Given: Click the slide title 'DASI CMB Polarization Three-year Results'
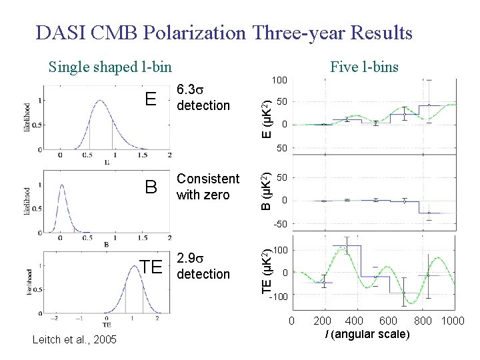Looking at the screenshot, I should tap(225, 33).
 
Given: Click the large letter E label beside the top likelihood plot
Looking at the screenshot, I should tap(151, 99).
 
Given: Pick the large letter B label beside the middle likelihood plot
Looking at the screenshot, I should tap(151, 187).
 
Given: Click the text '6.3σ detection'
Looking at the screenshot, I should tap(203, 98).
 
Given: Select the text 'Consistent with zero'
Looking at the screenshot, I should tap(207, 187).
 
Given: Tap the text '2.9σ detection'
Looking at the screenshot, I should tap(203, 266).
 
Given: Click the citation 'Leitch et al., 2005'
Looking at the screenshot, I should tap(74, 341).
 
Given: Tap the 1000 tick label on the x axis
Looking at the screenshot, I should tap(453, 322).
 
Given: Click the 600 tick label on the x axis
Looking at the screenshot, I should tap(388, 322).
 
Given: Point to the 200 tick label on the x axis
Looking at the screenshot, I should tap(323, 322).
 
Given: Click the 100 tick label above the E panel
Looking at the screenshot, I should tap(279, 81).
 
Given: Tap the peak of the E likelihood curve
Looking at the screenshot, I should tap(100, 101).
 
